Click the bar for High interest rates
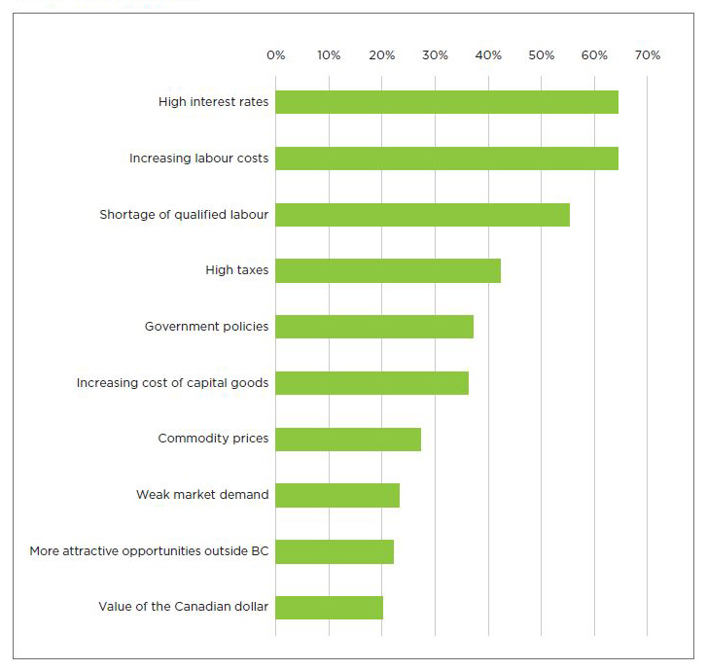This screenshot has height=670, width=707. tap(446, 102)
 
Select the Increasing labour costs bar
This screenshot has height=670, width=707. tap(446, 159)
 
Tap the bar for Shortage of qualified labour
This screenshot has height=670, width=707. tap(422, 215)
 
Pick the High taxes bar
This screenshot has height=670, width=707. tap(388, 270)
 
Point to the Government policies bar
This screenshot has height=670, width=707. tap(374, 327)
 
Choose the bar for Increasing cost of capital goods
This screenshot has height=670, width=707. tap(371, 383)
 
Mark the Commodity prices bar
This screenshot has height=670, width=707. tap(348, 440)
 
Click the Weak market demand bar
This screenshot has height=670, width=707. tap(337, 496)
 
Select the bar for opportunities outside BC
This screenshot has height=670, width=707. tap(335, 551)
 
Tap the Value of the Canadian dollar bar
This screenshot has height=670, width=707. tap(329, 608)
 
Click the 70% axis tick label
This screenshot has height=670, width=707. tap(647, 55)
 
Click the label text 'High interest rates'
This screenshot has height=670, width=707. tap(213, 102)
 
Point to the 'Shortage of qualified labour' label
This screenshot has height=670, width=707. tap(184, 215)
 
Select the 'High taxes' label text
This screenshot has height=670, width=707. tap(236, 270)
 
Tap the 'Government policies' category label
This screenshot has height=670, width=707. tap(206, 327)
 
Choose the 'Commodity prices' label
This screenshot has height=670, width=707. tap(213, 439)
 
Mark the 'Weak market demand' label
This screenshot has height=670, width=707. tap(202, 495)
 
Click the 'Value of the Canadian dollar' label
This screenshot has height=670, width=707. tap(183, 608)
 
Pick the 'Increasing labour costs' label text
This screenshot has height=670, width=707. tap(198, 159)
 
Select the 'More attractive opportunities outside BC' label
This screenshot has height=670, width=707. tap(149, 551)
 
